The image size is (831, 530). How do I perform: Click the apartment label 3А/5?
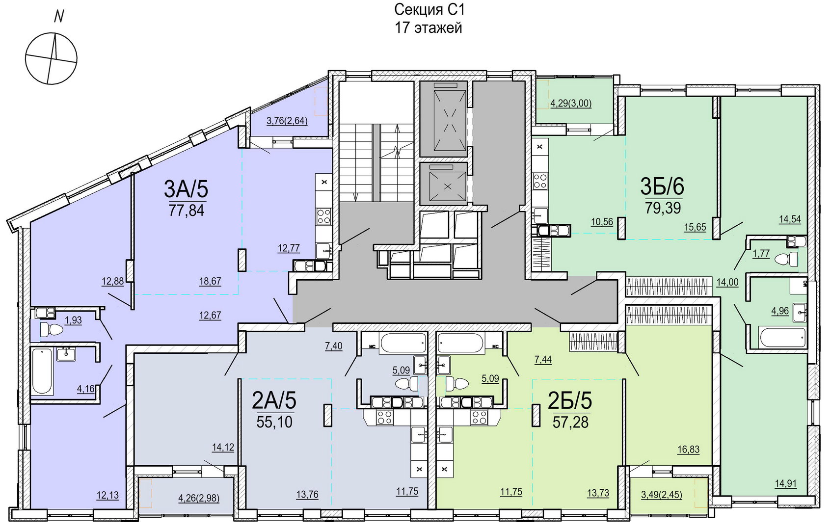point(186,189)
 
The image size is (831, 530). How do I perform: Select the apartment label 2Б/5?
point(570,401)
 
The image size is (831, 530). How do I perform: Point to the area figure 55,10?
point(274,422)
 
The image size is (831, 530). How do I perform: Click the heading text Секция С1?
point(429,10)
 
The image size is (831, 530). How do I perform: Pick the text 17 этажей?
point(429,28)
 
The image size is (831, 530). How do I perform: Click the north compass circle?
point(51,58)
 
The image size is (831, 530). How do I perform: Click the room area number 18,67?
point(210,281)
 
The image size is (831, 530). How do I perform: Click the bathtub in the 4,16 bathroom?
point(42,371)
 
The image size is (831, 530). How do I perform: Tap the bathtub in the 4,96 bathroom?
point(782,337)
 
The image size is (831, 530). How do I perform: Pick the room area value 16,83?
point(688,450)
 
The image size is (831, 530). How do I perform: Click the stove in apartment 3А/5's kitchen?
point(323,216)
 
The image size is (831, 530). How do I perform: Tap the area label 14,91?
point(786,484)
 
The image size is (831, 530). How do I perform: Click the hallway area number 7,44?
point(543,360)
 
